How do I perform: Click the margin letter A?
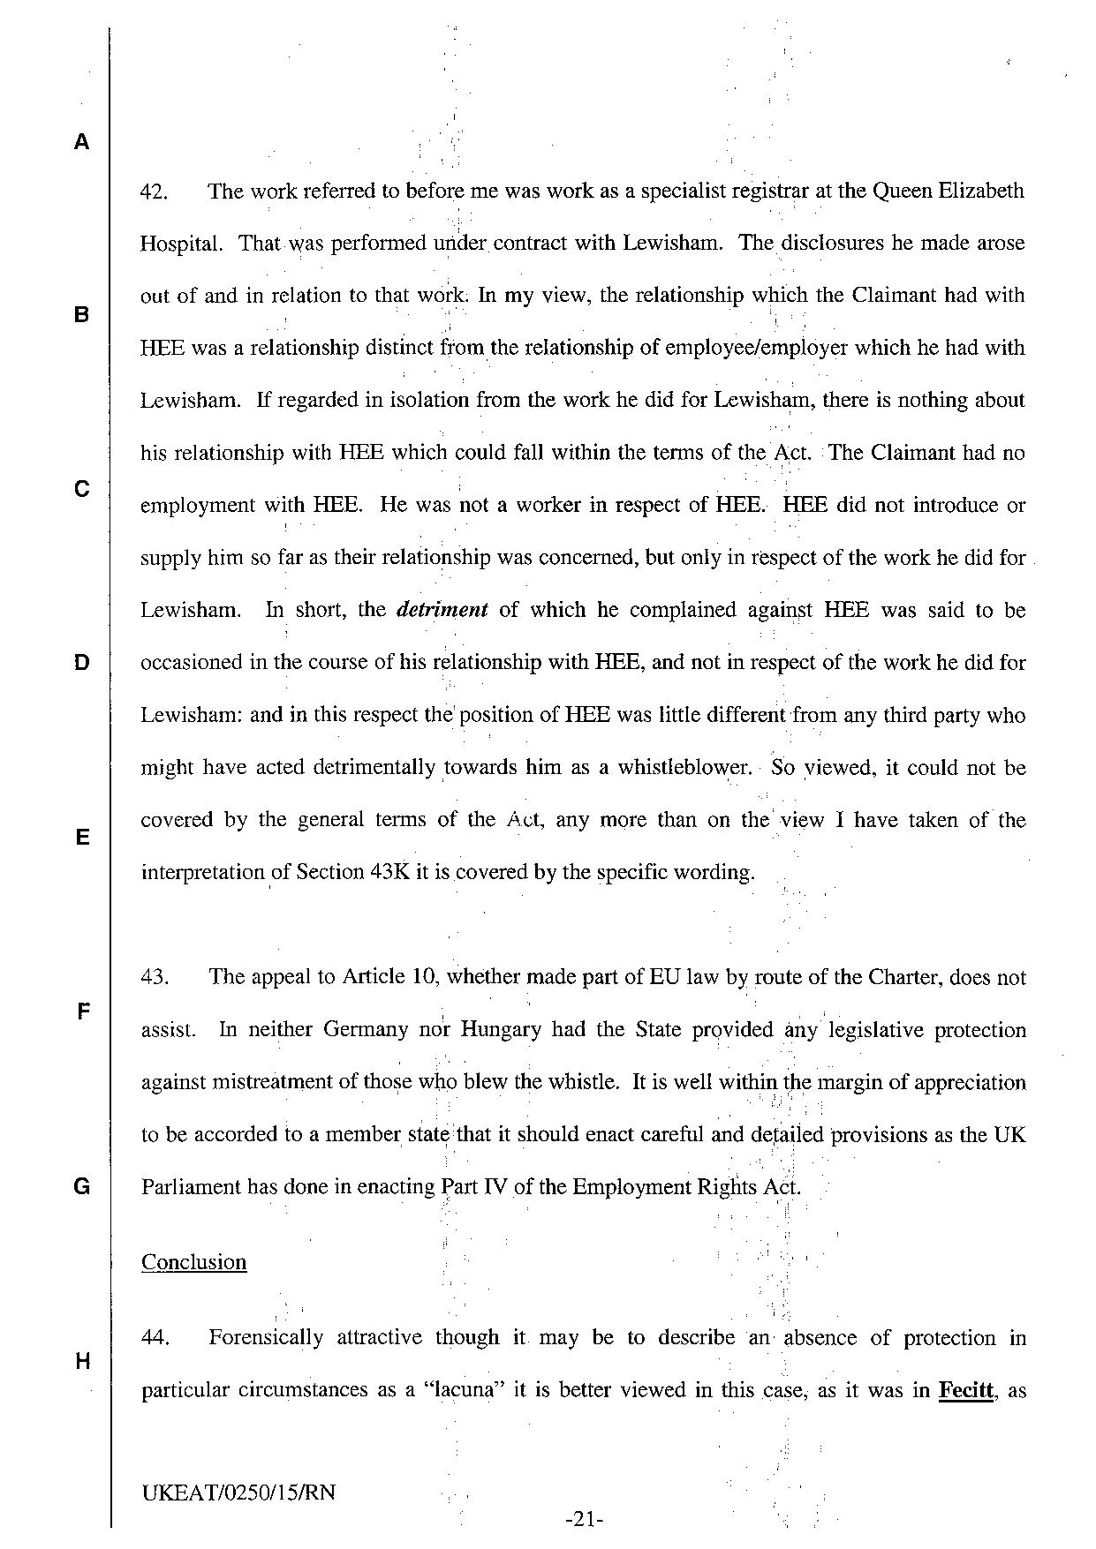[x=81, y=142]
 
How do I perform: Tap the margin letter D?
[x=81, y=663]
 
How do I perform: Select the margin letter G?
[x=81, y=1187]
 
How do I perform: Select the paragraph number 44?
[x=155, y=1338]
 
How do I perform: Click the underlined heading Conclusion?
[x=193, y=1262]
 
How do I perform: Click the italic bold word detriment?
[x=442, y=610]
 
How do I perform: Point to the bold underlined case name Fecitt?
[x=965, y=1390]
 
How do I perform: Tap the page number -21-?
[x=583, y=1520]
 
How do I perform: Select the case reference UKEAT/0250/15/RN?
[x=238, y=1493]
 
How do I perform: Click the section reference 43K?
[x=389, y=872]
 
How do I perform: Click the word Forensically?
[x=266, y=1338]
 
